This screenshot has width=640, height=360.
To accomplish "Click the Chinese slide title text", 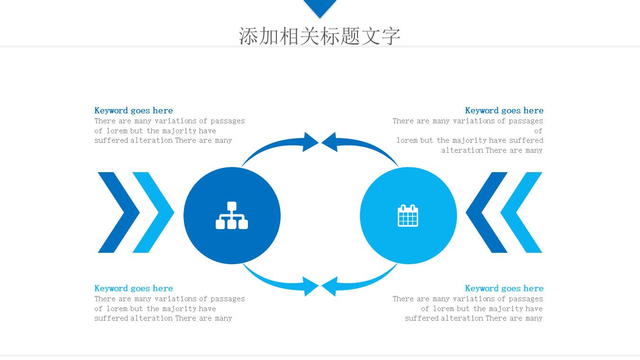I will (320, 36).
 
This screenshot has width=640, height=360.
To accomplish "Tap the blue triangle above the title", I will (320, 7).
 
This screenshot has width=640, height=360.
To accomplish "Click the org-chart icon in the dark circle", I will (232, 216).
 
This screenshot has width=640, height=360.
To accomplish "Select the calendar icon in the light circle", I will (408, 216).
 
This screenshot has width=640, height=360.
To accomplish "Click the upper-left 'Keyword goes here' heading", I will (134, 111).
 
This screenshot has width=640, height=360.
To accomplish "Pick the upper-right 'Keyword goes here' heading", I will (504, 111).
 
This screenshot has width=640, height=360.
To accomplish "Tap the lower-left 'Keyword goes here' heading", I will (134, 288).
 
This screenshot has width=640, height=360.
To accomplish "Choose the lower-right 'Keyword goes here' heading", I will (504, 288).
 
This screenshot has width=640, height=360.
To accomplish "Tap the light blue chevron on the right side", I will (521, 212).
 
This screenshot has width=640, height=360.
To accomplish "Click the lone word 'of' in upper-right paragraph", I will (538, 131).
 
